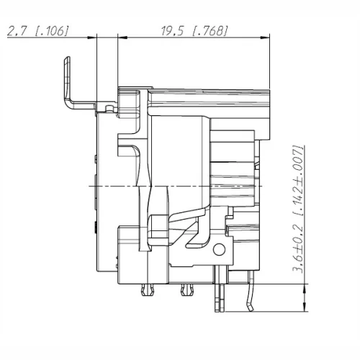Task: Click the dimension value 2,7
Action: pyautogui.click(x=16, y=30)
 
